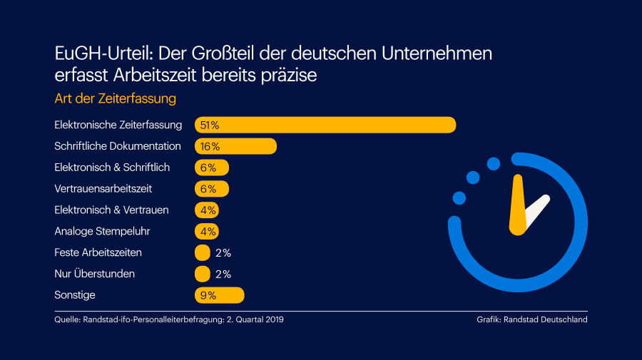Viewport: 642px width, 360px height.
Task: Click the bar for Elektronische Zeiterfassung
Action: coord(325,125)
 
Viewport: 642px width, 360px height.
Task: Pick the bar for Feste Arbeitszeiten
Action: coord(203,252)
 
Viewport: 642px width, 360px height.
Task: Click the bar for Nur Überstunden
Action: coord(203,274)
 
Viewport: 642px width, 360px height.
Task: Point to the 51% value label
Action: coord(209,125)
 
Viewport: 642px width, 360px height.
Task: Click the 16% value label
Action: coord(210,146)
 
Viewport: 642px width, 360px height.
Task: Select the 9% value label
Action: coord(208,295)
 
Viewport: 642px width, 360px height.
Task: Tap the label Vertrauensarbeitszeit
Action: coord(103,189)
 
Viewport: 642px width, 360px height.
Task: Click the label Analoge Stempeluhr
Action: coord(102,231)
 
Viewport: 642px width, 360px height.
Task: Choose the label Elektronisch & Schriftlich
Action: coord(112,168)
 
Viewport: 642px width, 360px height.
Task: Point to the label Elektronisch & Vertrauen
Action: coord(111,210)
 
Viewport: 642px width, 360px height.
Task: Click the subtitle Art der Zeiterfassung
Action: coord(115,98)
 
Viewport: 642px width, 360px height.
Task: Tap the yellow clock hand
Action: coord(518,207)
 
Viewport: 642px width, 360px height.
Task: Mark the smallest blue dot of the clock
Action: coord(459,197)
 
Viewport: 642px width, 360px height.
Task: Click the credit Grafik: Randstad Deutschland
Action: coord(531,320)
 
